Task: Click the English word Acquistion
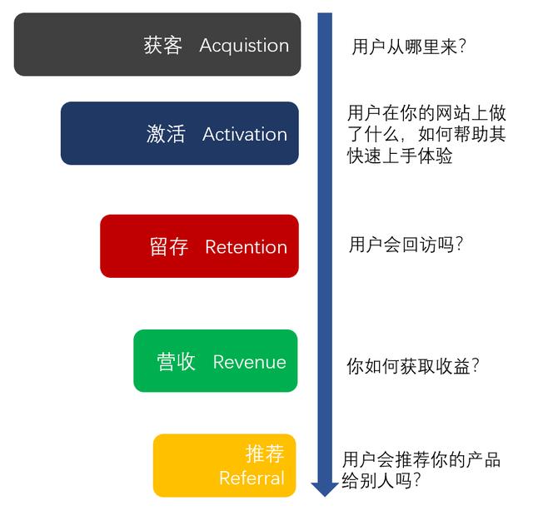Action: tap(244, 46)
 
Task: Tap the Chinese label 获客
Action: tap(162, 46)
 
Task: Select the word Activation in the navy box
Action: tap(244, 134)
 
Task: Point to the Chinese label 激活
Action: tap(166, 134)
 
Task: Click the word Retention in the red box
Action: tap(246, 247)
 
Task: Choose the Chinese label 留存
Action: tap(169, 247)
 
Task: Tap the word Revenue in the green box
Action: tap(249, 362)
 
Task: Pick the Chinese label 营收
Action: tap(177, 362)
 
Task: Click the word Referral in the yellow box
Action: tap(252, 478)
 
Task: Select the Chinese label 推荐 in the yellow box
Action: tap(265, 453)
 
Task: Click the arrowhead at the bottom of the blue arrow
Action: tap(324, 488)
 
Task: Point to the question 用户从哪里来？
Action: tap(408, 47)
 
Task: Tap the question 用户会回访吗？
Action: tap(406, 245)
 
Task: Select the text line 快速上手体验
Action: tap(400, 156)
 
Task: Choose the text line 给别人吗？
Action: tap(381, 481)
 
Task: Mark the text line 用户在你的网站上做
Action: tap(426, 112)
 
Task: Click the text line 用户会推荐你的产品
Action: tap(421, 459)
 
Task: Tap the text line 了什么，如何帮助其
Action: tap(426, 134)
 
